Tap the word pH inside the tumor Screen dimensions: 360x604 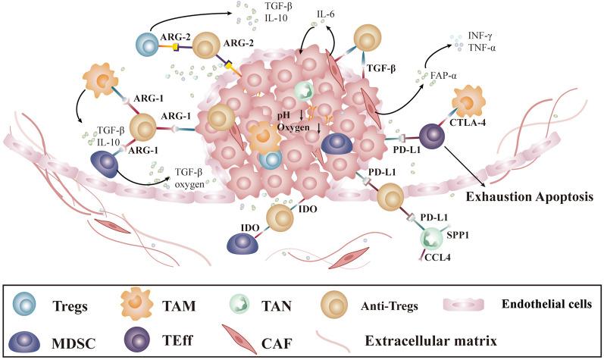point(285,115)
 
